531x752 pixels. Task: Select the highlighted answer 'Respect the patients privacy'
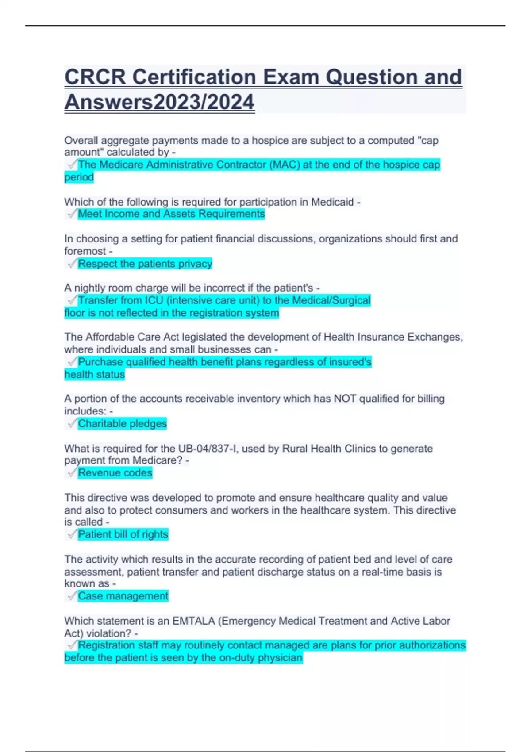(x=145, y=264)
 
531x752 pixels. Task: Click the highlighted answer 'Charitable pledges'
(x=123, y=423)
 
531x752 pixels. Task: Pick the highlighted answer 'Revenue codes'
(x=115, y=473)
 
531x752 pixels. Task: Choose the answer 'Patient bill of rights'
(x=123, y=534)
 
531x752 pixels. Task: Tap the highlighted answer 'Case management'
(x=123, y=596)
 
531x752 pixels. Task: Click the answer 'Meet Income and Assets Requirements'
(x=171, y=214)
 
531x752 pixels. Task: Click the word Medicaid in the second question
(x=332, y=202)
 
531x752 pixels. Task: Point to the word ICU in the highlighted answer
(x=154, y=301)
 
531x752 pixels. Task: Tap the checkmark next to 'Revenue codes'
(x=72, y=473)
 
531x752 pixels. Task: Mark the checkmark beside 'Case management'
(x=72, y=596)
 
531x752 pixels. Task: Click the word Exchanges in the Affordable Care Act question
(x=434, y=337)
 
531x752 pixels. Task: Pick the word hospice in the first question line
(x=270, y=141)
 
